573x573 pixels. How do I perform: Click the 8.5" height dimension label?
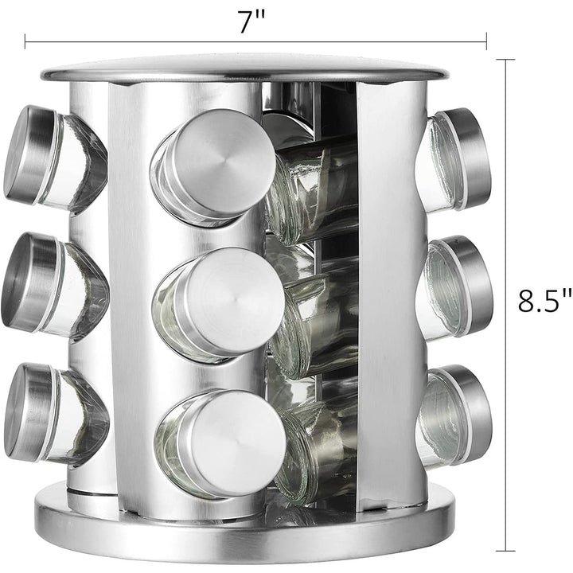point(545,301)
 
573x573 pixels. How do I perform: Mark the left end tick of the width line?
point(25,41)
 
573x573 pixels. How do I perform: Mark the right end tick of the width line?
point(486,41)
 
